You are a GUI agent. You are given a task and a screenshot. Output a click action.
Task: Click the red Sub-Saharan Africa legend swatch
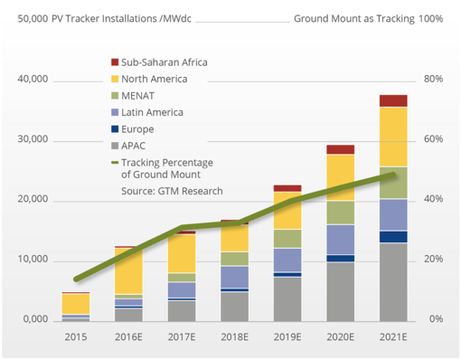tap(114, 62)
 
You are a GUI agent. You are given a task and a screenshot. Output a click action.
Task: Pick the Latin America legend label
tap(152, 112)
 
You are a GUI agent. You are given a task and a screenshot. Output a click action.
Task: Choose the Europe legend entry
tap(140, 128)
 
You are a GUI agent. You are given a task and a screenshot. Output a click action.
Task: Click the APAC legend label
tap(136, 145)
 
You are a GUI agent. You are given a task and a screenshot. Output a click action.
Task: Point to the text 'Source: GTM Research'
tap(172, 191)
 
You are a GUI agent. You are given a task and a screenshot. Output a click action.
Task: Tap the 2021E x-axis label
tap(393, 337)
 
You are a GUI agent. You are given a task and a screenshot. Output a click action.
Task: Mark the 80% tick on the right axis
tap(433, 80)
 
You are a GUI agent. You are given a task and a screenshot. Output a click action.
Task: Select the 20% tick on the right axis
tap(433, 260)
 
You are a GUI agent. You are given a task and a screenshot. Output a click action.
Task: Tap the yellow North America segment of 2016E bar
tap(129, 271)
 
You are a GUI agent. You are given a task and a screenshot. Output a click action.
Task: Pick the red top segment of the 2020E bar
tap(340, 149)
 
